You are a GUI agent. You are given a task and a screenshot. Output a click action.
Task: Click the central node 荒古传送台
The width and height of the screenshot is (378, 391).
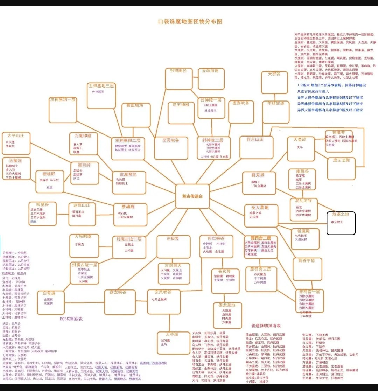tap(192, 196)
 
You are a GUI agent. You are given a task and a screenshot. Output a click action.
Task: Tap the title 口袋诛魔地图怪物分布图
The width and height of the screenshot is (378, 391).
tap(190, 21)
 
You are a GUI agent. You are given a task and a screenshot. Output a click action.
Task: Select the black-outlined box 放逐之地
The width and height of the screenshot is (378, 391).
tap(341, 223)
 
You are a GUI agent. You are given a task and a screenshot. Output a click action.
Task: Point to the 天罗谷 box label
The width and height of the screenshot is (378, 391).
tap(274, 74)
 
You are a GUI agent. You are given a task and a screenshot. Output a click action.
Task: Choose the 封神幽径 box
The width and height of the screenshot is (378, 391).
tap(179, 78)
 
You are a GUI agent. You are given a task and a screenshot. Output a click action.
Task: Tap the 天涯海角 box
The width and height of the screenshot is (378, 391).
tap(210, 78)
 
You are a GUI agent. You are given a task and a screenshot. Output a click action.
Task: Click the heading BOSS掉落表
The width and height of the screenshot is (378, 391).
tap(71, 319)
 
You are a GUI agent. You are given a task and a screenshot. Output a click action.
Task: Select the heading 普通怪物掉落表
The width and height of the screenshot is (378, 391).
tap(266, 326)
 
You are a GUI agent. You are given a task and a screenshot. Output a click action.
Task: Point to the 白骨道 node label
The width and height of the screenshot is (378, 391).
tap(49, 293)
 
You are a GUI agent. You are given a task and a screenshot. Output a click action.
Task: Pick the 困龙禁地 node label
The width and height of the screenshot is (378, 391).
tap(227, 305)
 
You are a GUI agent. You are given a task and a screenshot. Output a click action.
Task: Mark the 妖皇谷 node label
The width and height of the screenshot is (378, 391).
tap(43, 204)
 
